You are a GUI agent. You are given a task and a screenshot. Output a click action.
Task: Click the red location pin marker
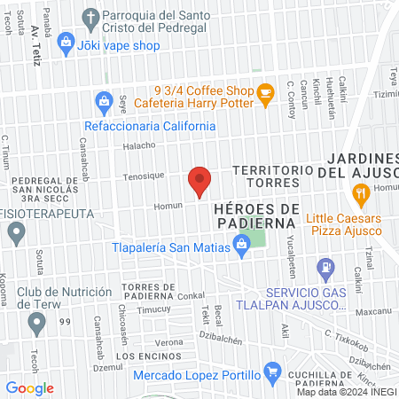[x=199, y=181]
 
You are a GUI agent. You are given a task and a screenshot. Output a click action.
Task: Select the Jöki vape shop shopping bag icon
[x=66, y=41]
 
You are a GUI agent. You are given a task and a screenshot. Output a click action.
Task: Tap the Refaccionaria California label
[x=150, y=126]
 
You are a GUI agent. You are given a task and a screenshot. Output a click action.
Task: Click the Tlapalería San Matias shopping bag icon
[x=240, y=250]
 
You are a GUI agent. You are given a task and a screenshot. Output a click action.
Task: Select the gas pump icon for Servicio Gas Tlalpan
[x=326, y=265]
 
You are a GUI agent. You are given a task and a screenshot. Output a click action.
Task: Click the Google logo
[x=30, y=387]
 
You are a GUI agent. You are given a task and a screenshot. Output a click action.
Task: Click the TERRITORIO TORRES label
[x=265, y=176]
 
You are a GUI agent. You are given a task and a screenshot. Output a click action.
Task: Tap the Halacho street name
[x=138, y=146]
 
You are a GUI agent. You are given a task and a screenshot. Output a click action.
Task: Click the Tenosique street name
[x=143, y=176]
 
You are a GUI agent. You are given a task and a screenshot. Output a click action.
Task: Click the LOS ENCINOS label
[x=140, y=356]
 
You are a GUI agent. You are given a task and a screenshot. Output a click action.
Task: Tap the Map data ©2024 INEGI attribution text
[x=346, y=392]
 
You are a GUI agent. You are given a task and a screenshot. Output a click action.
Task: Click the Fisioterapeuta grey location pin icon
[x=15, y=234]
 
